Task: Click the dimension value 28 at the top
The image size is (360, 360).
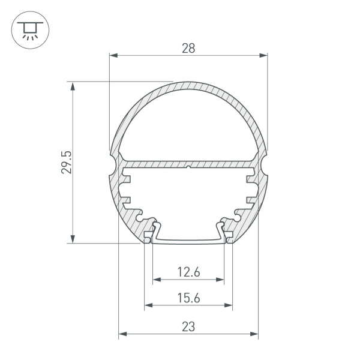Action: pyautogui.click(x=188, y=49)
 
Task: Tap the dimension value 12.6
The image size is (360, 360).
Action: pyautogui.click(x=188, y=272)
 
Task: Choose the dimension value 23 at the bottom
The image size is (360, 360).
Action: pyautogui.click(x=188, y=327)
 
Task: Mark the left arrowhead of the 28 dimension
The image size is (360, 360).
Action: pyautogui.click(x=113, y=56)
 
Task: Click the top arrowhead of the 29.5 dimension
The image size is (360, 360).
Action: pyautogui.click(x=73, y=86)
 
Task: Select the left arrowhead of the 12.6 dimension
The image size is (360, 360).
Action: pyautogui.click(x=157, y=280)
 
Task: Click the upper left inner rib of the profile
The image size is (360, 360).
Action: pyautogui.click(x=127, y=178)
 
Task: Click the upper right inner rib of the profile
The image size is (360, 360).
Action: pyautogui.click(x=250, y=178)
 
